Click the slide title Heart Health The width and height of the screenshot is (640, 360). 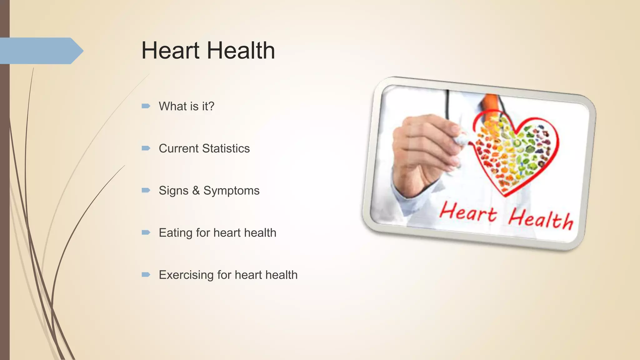point(208,51)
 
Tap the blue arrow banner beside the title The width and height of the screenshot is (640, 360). point(41,51)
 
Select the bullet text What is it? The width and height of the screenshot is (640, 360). point(187,106)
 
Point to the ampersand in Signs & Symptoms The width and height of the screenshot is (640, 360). point(196,191)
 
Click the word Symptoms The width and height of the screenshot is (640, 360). point(231,191)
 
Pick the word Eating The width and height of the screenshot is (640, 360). point(175,233)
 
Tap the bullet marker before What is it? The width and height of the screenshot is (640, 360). point(146,106)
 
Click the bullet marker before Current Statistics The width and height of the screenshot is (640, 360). point(146,148)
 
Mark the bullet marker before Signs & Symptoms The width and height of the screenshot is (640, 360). point(146,190)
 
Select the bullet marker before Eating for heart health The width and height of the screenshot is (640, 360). point(146,232)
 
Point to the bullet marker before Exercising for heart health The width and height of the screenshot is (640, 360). point(146,275)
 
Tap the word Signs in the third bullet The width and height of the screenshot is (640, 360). point(173,191)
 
